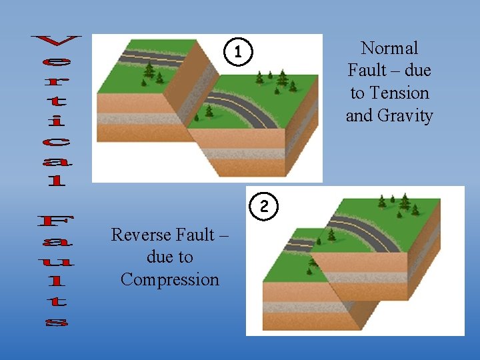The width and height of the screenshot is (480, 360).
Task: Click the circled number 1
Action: tap(241, 51)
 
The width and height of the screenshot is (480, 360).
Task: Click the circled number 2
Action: tap(264, 206)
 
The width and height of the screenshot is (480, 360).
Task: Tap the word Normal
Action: tap(389, 48)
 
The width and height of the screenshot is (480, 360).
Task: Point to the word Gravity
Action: tap(405, 115)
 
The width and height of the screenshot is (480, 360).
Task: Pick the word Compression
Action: tap(170, 279)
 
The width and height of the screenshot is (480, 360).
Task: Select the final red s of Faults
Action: tap(57, 323)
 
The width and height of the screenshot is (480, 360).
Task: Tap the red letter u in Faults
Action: tap(57, 261)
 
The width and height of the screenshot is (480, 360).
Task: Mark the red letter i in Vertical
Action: tap(57, 121)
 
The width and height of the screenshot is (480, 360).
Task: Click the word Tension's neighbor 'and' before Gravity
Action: tap(359, 115)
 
